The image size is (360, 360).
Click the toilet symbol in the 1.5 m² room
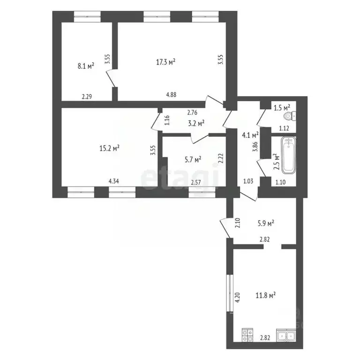pyautogui.click(x=290, y=117)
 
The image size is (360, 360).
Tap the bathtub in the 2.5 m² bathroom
pyautogui.click(x=289, y=156)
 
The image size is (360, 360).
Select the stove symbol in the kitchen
pyautogui.click(x=247, y=335)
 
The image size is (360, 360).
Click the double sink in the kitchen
pyautogui.click(x=286, y=336)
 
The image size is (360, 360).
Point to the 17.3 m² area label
pyautogui.click(x=166, y=62)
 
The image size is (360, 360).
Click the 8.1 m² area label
pyautogui.click(x=86, y=66)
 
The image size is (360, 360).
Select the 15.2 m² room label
pyautogui.click(x=110, y=148)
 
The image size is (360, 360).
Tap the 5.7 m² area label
pyautogui.click(x=193, y=159)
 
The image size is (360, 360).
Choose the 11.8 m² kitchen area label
pyautogui.click(x=266, y=295)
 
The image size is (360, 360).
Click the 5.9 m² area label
pyautogui.click(x=266, y=223)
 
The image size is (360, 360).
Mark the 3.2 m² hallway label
pyautogui.click(x=196, y=123)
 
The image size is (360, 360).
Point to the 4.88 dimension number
pyautogui.click(x=171, y=95)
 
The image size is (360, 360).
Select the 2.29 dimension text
pyautogui.click(x=87, y=97)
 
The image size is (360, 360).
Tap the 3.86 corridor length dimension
pyautogui.click(x=255, y=146)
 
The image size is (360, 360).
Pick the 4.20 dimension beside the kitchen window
pyautogui.click(x=238, y=297)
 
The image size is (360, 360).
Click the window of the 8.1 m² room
pyautogui.click(x=87, y=16)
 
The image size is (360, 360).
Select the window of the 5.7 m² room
pyautogui.click(x=202, y=192)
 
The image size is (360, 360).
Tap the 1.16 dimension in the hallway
pyautogui.click(x=167, y=120)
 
